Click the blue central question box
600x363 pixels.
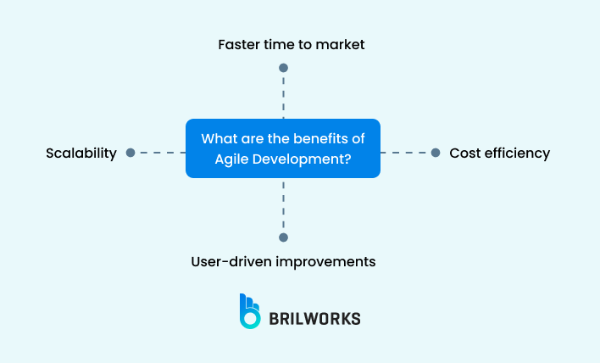pyautogui.click(x=282, y=148)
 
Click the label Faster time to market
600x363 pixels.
pyautogui.click(x=291, y=44)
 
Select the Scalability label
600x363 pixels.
pyautogui.click(x=81, y=154)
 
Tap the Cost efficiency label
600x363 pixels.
pyautogui.click(x=499, y=154)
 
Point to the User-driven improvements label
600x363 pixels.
pyautogui.click(x=283, y=261)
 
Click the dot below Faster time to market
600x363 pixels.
pyautogui.click(x=283, y=68)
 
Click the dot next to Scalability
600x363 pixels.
pyautogui.click(x=131, y=153)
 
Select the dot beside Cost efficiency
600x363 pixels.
pyautogui.click(x=436, y=153)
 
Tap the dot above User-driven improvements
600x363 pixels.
pyautogui.click(x=283, y=237)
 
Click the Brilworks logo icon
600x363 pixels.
pyautogui.click(x=250, y=311)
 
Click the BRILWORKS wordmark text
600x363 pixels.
pyautogui.click(x=314, y=319)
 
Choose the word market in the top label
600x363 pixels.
pyautogui.click(x=342, y=44)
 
